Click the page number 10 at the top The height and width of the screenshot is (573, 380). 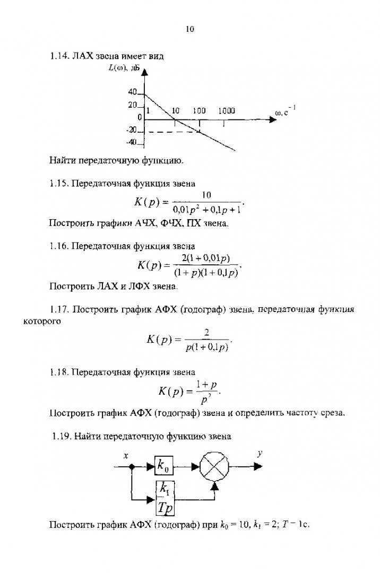[189, 29]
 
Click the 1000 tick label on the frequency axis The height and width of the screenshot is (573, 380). [227, 111]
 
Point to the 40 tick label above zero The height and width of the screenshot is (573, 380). [133, 92]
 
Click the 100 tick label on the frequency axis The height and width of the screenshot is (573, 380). [199, 111]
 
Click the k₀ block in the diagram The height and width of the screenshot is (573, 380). [163, 466]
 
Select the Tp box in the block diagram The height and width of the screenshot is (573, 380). [165, 507]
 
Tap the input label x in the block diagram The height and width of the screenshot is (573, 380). [126, 455]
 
